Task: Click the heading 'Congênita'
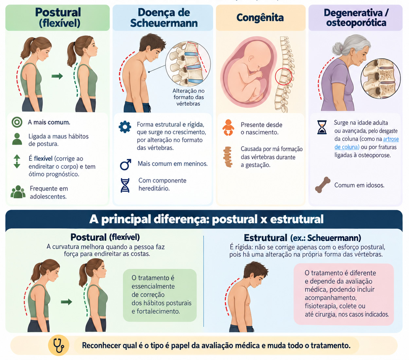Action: pyautogui.click(x=260, y=18)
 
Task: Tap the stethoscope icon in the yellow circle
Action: pyautogui.click(x=59, y=345)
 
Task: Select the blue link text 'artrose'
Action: pyautogui.click(x=391, y=139)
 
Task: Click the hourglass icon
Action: pyautogui.click(x=322, y=127)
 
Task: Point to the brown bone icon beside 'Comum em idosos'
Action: pyautogui.click(x=323, y=185)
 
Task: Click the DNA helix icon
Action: pyautogui.click(x=125, y=185)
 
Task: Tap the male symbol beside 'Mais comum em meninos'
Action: pyautogui.click(x=125, y=164)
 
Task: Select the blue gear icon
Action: pyautogui.click(x=125, y=127)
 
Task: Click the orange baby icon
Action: pyautogui.click(x=228, y=127)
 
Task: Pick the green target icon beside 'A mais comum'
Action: pyautogui.click(x=17, y=122)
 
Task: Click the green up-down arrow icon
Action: pyautogui.click(x=17, y=161)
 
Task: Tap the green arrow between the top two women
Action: pyautogui.click(x=57, y=76)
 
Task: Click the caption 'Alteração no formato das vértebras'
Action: pyautogui.click(x=188, y=97)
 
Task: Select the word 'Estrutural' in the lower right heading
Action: pyautogui.click(x=265, y=238)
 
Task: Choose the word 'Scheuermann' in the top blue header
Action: pyautogui.click(x=164, y=23)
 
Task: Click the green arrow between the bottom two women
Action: pyautogui.click(x=66, y=302)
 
